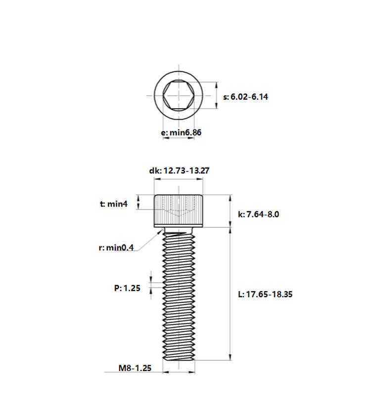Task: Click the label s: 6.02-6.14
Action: click(x=245, y=97)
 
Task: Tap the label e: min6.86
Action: click(x=181, y=132)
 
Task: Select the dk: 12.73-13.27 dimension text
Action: click(x=179, y=170)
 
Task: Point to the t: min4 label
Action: click(x=114, y=204)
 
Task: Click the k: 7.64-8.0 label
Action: click(x=258, y=214)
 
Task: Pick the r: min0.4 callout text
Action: click(x=116, y=248)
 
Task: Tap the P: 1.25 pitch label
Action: click(x=127, y=288)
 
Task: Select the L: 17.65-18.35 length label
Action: click(x=265, y=294)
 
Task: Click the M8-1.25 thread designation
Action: click(x=135, y=368)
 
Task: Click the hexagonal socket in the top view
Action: click(x=179, y=95)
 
